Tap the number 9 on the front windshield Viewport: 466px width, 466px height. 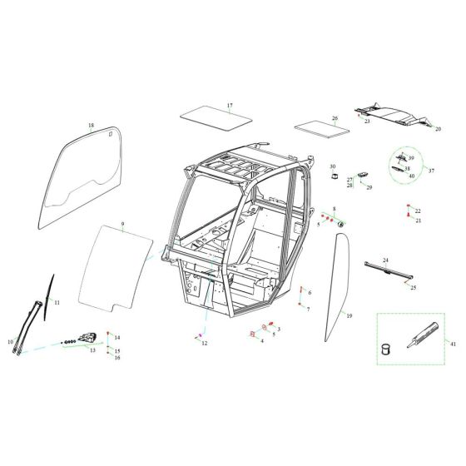121,225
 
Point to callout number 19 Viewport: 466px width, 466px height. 349,316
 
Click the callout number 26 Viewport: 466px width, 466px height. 335,118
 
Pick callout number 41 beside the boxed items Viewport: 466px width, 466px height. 453,343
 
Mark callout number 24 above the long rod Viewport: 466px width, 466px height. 385,261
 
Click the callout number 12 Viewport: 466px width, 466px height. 204,343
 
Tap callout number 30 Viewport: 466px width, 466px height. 332,167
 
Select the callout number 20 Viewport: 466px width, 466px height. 439,129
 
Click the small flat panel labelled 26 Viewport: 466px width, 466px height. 315,129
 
